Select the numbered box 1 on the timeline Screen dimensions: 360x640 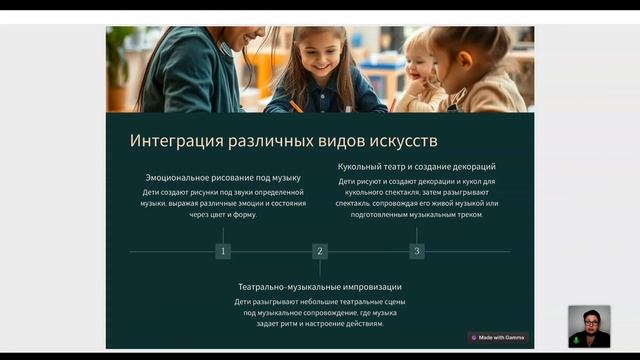(223, 251)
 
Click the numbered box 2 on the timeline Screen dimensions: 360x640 (320, 251)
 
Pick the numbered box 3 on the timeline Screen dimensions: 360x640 (417, 251)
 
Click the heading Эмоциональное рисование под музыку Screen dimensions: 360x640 (223, 178)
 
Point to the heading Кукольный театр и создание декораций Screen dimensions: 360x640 (417, 166)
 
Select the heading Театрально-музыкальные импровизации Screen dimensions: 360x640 (320, 286)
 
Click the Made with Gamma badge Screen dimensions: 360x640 (498, 337)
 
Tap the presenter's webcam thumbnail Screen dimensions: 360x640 (589, 326)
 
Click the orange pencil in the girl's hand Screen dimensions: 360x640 (296, 104)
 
